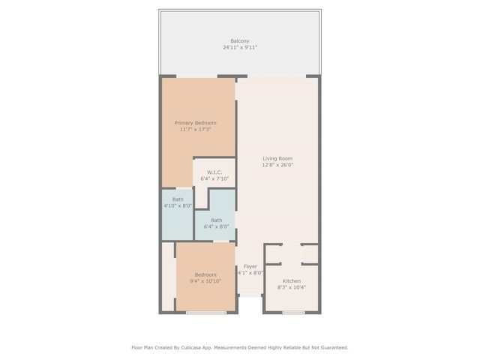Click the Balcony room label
point(240,40)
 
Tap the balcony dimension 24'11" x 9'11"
point(240,47)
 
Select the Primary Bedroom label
point(195,123)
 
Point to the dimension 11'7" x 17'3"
point(195,130)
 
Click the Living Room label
point(277,158)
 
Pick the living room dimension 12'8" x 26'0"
point(277,165)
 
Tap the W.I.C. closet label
point(214,172)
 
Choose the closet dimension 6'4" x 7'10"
point(214,178)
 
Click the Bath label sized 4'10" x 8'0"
point(178,199)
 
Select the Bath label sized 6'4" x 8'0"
point(216,220)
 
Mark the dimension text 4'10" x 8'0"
point(178,205)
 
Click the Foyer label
point(250,266)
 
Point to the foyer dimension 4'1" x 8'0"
point(250,273)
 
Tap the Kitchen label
point(292,280)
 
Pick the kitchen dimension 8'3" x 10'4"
point(292,287)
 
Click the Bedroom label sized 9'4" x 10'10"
point(205,274)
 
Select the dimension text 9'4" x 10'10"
point(205,281)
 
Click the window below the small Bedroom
point(205,312)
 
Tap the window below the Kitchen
point(294,312)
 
